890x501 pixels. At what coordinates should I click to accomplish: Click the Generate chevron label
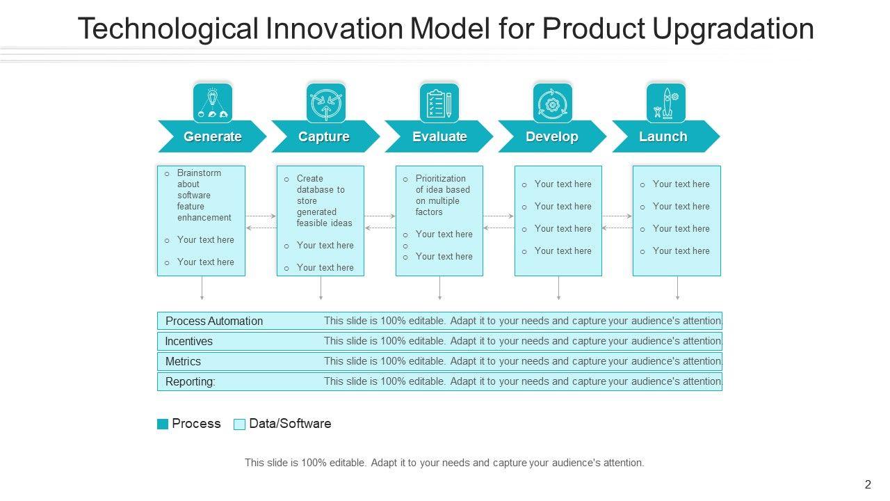pos(212,136)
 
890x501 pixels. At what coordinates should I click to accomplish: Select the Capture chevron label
pos(323,136)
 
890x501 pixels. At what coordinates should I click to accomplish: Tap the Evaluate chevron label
pos(439,136)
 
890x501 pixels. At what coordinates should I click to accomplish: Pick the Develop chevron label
pos(551,136)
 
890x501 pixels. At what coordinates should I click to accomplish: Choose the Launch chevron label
pos(663,136)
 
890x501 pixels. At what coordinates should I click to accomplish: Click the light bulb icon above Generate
pos(213,103)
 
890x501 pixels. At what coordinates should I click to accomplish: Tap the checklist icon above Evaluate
pos(439,103)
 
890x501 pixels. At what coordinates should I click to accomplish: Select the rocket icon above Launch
pos(666,103)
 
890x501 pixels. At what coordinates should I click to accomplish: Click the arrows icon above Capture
pos(326,103)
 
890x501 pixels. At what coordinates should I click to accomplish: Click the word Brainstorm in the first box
pos(199,173)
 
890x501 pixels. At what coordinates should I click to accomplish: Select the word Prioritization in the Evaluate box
pos(441,178)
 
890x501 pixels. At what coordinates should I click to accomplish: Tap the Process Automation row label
pos(214,321)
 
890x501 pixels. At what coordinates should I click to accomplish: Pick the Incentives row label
pos(188,341)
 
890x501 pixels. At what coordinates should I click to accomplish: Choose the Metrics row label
pos(183,361)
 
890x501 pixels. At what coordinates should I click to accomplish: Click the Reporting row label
pos(190,381)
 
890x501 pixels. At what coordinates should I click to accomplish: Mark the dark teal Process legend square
pos(163,424)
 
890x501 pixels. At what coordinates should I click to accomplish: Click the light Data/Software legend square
pos(240,424)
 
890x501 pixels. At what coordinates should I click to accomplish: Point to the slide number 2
pos(868,485)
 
